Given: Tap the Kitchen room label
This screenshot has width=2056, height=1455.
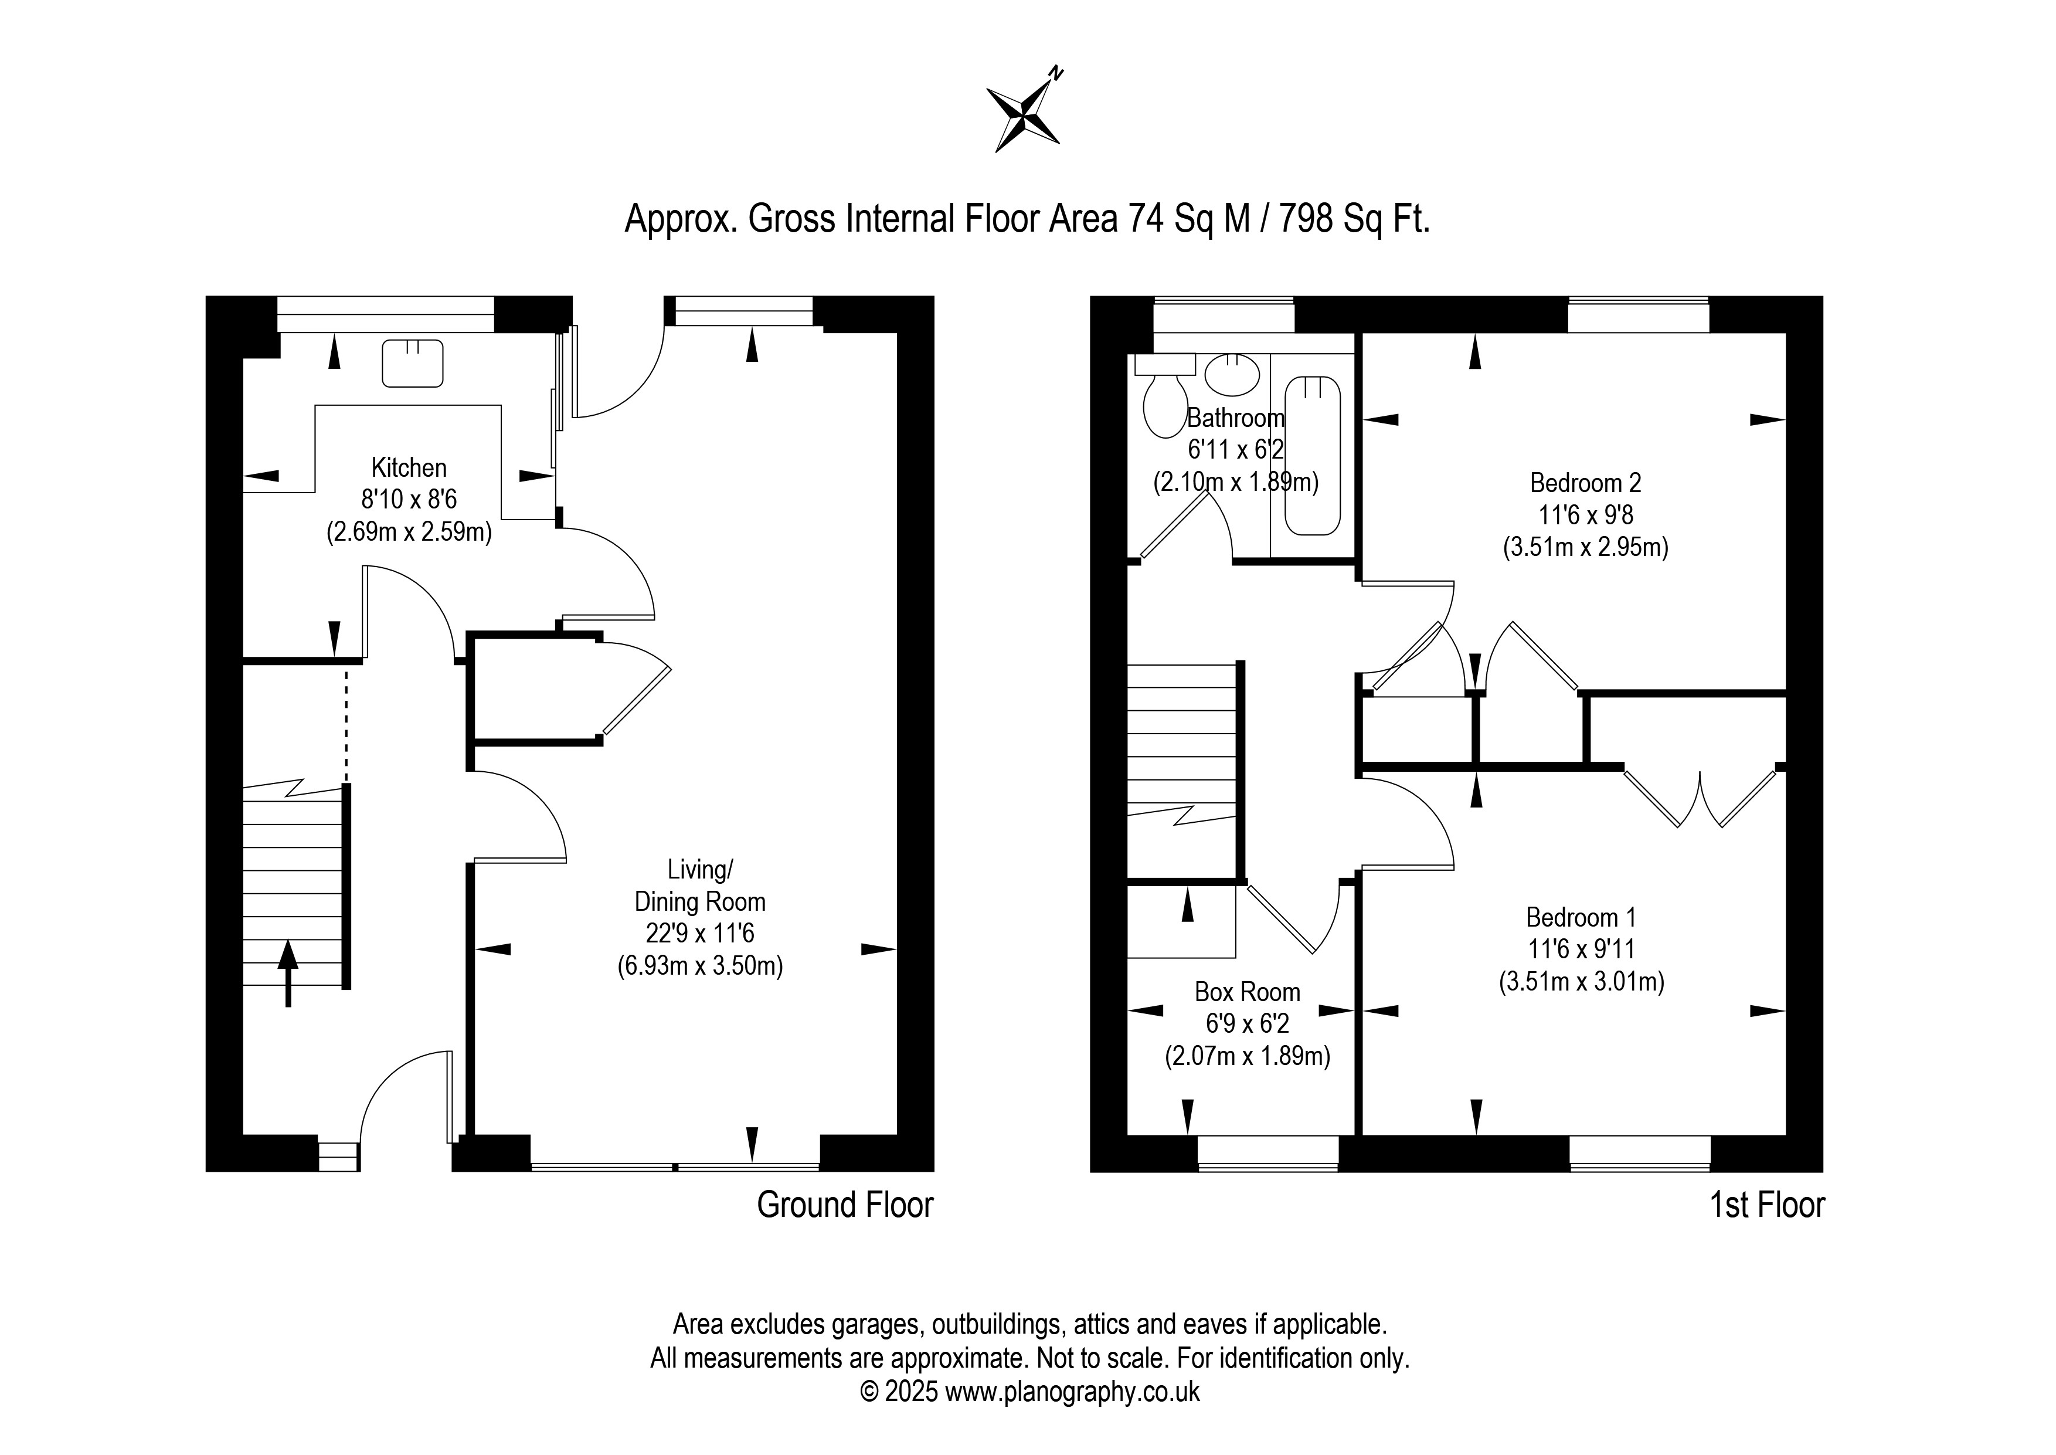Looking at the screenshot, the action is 409,467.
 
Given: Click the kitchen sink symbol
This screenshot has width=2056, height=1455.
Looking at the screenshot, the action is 413,363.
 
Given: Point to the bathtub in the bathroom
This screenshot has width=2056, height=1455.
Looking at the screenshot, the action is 1313,456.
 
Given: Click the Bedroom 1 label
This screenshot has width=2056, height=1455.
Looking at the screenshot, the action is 1581,917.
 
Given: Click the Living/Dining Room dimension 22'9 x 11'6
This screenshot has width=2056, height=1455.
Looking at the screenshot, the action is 700,934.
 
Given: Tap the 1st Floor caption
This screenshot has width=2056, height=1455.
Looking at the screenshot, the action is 1767,1205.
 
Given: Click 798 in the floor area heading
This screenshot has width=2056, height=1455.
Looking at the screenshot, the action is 1307,219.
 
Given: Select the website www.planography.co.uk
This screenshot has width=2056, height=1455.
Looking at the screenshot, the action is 1073,1392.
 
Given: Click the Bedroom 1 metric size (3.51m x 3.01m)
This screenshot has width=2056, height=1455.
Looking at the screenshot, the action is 1581,982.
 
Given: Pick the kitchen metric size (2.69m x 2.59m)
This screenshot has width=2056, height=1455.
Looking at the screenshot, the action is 409,532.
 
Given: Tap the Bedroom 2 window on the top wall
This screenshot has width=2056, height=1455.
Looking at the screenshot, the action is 1639,314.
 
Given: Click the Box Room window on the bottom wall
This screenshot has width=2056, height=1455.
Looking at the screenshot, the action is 1268,1154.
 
